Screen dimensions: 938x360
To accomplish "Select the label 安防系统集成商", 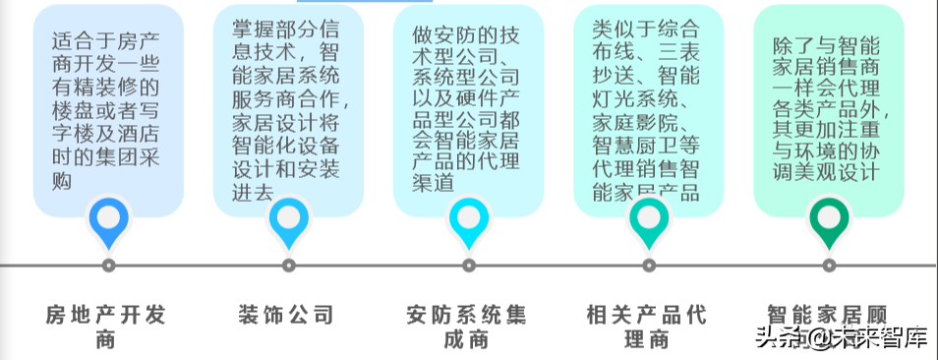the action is (467, 328).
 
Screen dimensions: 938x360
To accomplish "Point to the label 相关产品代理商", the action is (647, 328).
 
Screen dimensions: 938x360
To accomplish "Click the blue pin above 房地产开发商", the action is (108, 221).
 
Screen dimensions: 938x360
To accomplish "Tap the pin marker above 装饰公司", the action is (288, 222).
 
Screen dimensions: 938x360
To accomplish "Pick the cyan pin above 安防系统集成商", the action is (469, 222).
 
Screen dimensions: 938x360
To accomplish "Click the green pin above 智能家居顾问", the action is (829, 222).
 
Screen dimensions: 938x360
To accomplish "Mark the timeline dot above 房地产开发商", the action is (108, 265).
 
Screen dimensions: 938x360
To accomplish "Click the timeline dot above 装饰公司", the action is (288, 265).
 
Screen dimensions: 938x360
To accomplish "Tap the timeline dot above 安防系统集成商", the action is (469, 265).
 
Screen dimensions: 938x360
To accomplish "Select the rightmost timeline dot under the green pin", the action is (829, 265).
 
